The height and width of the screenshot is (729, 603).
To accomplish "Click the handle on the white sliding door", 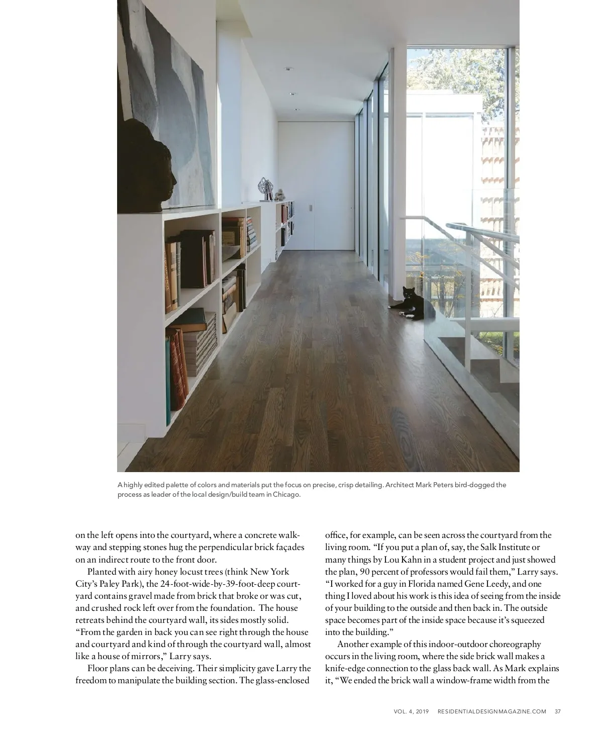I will tap(311, 208).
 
